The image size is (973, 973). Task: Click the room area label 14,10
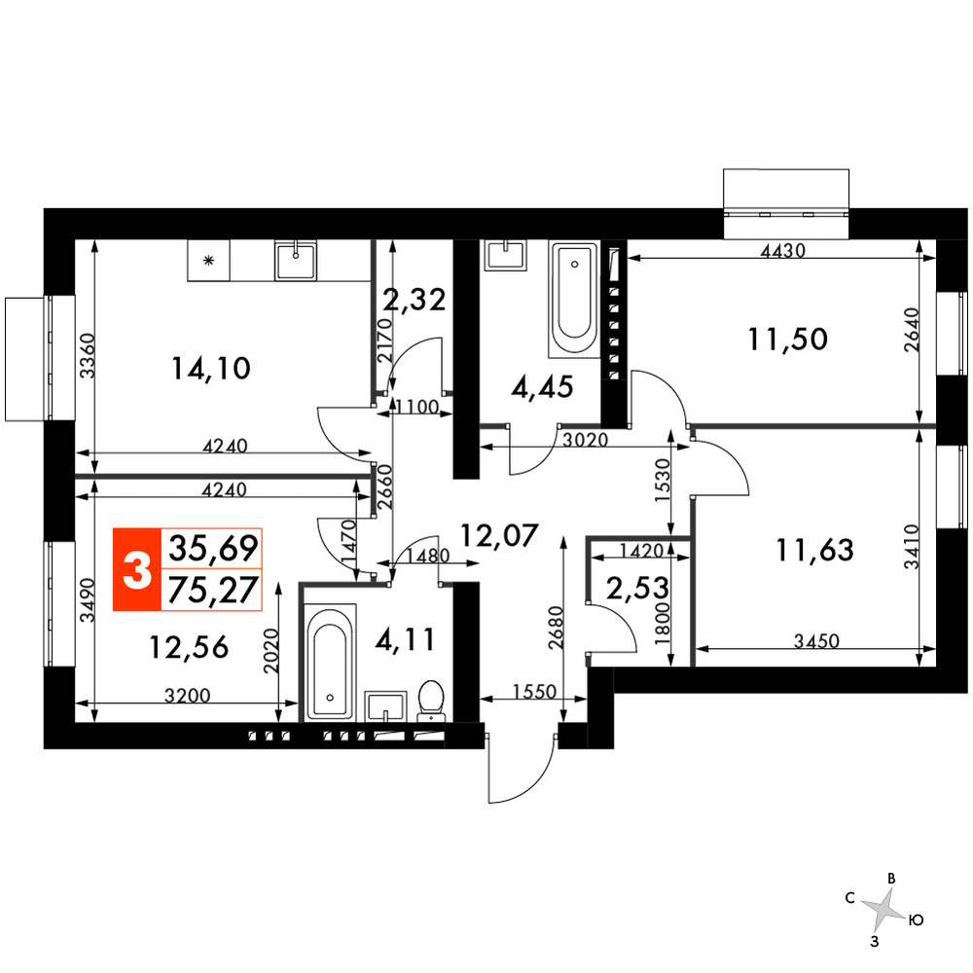pos(210,369)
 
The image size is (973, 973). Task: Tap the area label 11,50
pos(787,340)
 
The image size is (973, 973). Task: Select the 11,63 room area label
pos(814,551)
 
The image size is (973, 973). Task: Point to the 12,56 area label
pos(189,648)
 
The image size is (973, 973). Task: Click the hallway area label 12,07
pos(499,535)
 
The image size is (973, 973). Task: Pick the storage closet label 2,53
pos(638,589)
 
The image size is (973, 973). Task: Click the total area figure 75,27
pos(213,590)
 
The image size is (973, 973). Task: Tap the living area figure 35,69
pos(213,548)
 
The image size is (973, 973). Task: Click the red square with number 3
pos(137,569)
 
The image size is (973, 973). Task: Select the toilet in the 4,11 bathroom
pos(431,700)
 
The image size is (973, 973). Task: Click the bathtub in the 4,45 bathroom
pos(574,300)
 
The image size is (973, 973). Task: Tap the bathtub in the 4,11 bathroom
pos(330,662)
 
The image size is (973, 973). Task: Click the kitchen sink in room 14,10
pos(296,261)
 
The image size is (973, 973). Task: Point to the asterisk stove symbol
pos(209,260)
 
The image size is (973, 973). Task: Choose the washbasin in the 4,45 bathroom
pos(506,255)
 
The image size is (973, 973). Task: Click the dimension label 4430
pos(783,251)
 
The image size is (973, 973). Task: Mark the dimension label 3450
pos(816,641)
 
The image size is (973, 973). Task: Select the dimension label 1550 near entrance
pos(534,691)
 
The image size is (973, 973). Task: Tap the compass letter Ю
pos(916,920)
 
